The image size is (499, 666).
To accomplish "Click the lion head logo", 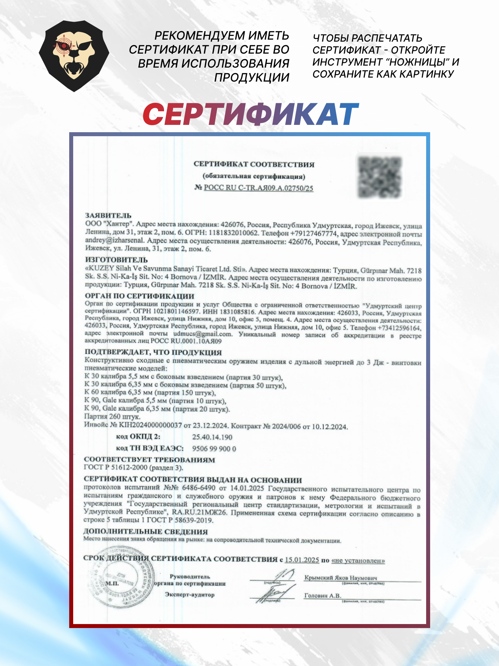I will point(74,56).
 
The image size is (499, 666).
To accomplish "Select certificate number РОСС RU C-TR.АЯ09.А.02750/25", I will point(258,188).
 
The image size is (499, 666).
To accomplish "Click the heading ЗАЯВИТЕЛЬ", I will point(108,215).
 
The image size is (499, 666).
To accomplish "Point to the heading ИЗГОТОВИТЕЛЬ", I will point(116,259).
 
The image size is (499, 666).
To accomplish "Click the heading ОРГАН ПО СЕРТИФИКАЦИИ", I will point(139,296).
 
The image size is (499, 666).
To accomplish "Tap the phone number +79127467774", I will point(313,233).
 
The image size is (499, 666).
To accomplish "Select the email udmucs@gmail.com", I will point(202,334).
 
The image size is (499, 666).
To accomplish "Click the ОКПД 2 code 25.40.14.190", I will point(212,437).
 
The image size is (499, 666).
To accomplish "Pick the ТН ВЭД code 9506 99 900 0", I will point(214,449).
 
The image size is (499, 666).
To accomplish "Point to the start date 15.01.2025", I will point(302,560).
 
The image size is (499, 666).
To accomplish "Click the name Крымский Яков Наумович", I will point(340,577).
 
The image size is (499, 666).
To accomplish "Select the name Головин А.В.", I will point(322,595).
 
